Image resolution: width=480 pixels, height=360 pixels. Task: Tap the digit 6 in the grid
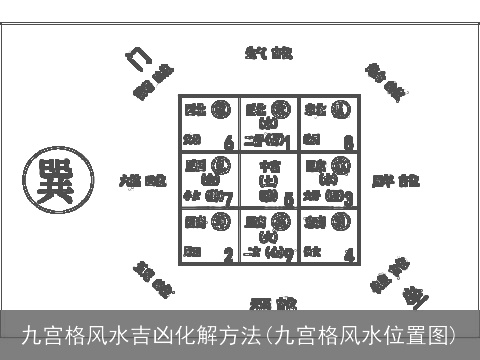click(x=230, y=141)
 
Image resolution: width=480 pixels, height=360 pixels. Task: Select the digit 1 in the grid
click(x=288, y=141)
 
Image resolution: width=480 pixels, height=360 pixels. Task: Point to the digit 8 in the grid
click(x=347, y=141)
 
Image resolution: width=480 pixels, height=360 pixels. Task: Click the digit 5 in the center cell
click(x=289, y=199)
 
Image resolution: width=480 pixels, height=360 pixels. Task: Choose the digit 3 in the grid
click(x=347, y=197)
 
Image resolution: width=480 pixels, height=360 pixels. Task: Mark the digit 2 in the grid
click(x=229, y=254)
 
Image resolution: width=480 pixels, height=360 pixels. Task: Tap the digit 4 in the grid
click(x=348, y=254)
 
